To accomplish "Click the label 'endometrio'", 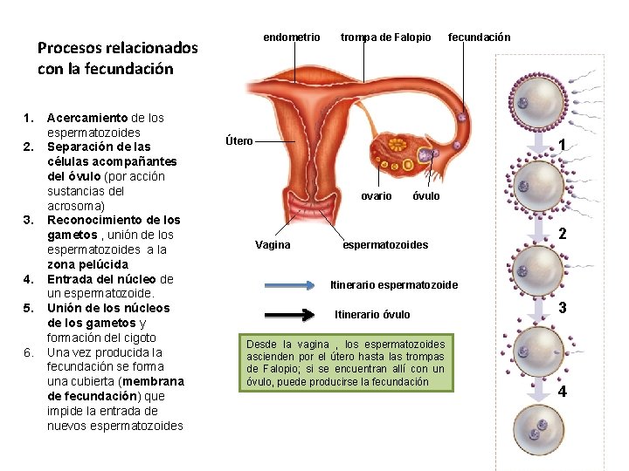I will [x=292, y=38].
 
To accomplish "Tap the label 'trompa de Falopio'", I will [x=385, y=38].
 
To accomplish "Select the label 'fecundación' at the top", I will [x=479, y=38].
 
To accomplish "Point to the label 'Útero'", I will [x=238, y=141].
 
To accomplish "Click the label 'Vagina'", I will [x=273, y=245].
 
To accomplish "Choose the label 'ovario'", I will [x=377, y=196].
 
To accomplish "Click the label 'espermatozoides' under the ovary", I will [x=385, y=245].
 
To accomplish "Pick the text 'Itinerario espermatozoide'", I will [x=393, y=285].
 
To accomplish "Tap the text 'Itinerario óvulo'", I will [x=372, y=314].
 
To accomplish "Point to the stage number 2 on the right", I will [x=563, y=234].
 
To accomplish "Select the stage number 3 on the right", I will [x=563, y=308].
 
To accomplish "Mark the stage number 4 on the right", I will [x=563, y=392].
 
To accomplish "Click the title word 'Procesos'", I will [x=69, y=48].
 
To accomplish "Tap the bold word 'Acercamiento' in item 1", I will [x=87, y=118].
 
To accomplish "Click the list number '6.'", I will [x=28, y=352].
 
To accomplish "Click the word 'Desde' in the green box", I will [x=264, y=345].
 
